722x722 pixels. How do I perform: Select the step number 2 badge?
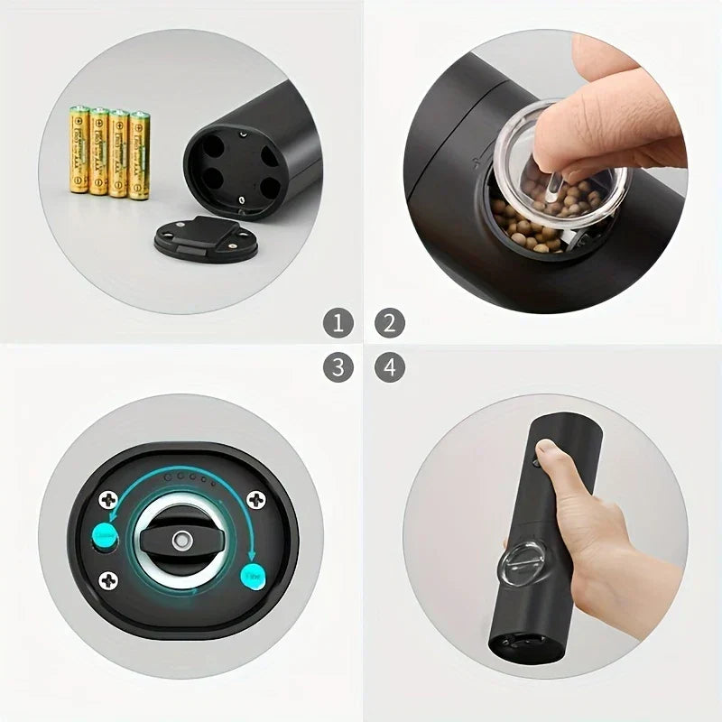point(389,321)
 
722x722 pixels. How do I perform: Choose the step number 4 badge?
point(389,367)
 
